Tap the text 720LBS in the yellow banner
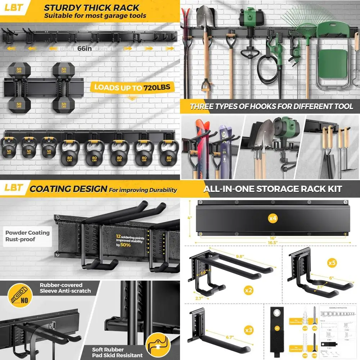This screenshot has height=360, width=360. pos(157,87)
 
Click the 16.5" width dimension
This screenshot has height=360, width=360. pos(273,243)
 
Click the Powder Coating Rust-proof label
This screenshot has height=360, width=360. pos(27,236)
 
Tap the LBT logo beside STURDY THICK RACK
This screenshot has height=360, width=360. pos(14,8)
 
